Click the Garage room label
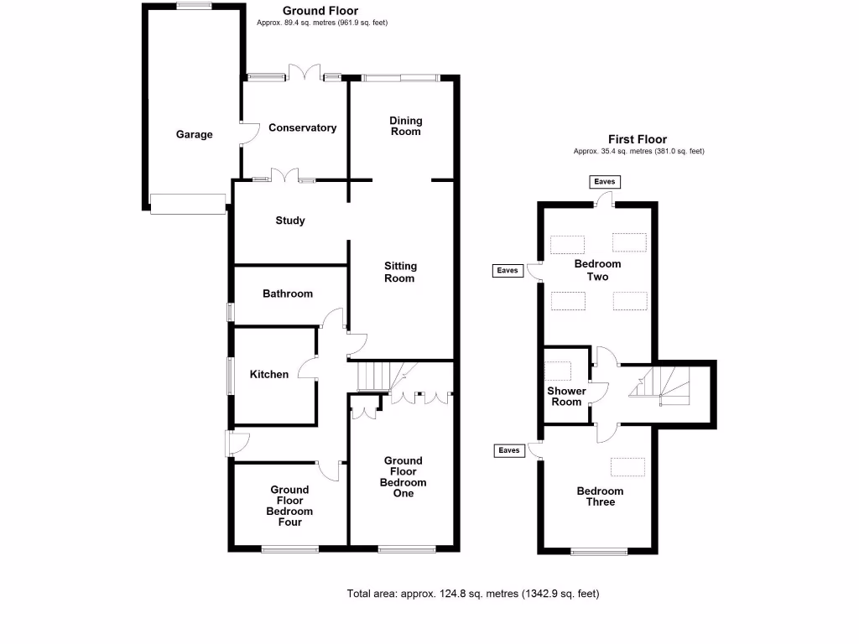click(194, 134)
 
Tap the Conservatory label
click(302, 128)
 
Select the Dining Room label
click(405, 126)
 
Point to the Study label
click(290, 221)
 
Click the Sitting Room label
click(400, 272)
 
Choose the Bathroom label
click(288, 293)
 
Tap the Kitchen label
click(269, 374)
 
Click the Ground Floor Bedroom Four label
click(289, 506)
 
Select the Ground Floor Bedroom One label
click(403, 476)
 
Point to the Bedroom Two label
click(591, 270)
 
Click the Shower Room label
click(566, 397)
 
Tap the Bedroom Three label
click(601, 496)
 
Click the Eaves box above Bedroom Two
click(604, 181)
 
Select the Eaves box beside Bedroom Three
click(509, 450)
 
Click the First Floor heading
click(638, 140)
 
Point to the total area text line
click(473, 594)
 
